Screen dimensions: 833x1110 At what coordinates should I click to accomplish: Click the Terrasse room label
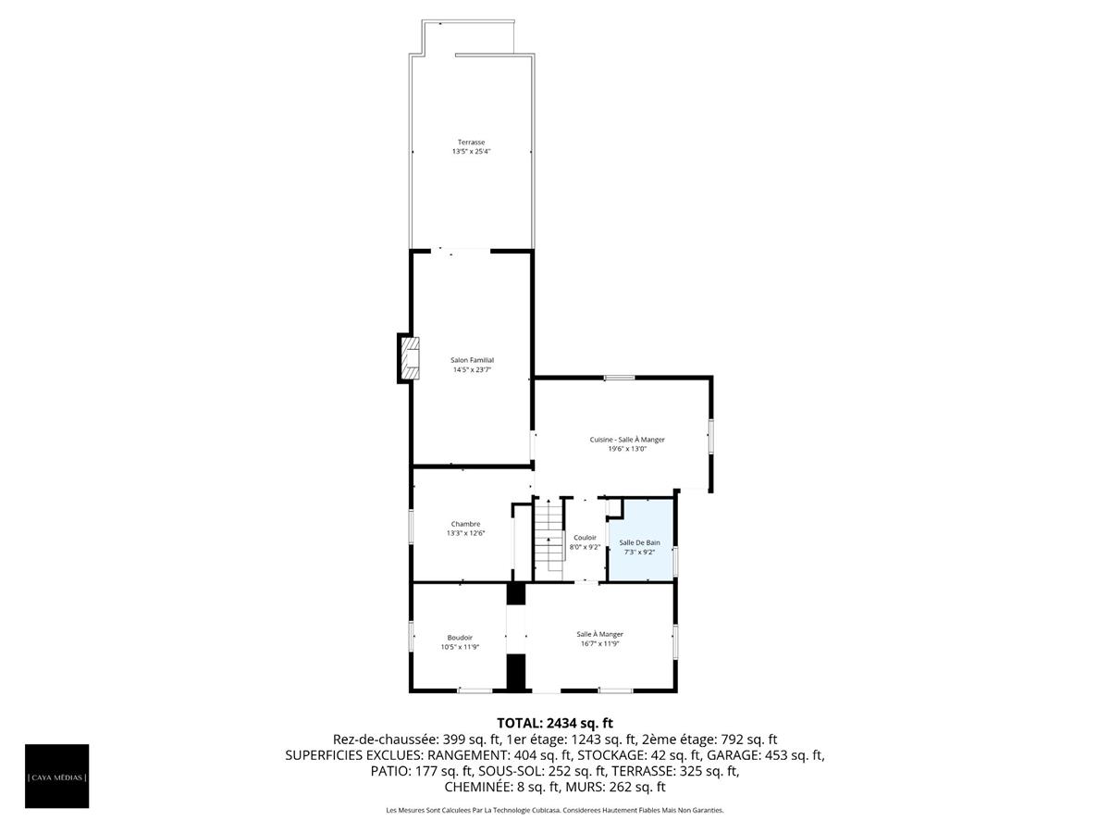point(471,142)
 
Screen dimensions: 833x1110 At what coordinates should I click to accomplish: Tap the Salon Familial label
point(472,360)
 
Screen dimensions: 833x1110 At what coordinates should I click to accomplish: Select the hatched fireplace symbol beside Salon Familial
point(408,357)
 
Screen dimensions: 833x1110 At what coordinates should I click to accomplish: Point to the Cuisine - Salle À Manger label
point(627,440)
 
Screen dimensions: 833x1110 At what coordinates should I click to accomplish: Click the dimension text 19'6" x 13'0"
point(627,450)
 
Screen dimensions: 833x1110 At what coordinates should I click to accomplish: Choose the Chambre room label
point(465,524)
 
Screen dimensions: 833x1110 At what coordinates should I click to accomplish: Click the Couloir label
point(585,537)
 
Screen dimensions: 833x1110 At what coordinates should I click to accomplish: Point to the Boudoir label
point(460,637)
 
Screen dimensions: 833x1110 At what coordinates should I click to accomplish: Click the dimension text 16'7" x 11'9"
point(599,644)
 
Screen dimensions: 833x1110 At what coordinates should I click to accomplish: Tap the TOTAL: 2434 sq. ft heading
point(555,722)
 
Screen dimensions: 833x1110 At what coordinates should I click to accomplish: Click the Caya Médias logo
point(57,776)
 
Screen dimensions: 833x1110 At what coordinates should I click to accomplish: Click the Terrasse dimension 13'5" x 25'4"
point(471,151)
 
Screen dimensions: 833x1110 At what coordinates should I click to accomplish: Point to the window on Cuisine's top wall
point(619,378)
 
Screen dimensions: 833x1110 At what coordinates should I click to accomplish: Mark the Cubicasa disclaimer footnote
point(555,811)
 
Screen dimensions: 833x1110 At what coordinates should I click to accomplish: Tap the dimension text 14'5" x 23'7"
point(472,370)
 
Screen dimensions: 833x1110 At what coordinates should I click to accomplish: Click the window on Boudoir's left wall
point(412,637)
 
